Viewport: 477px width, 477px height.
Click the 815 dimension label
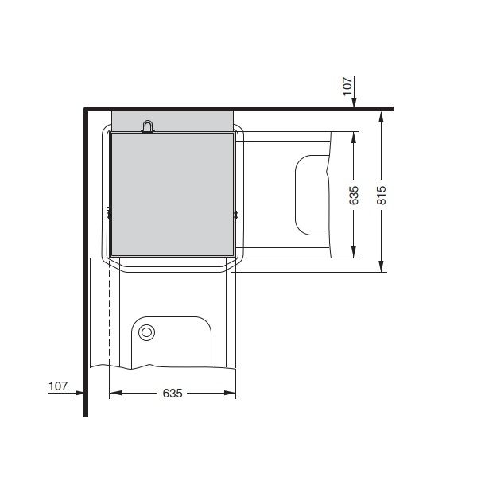(382, 195)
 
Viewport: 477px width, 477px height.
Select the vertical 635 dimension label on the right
(355, 195)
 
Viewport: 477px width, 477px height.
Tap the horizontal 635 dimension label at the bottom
(173, 393)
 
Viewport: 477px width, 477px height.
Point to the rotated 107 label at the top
(347, 86)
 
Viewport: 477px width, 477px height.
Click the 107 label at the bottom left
(57, 386)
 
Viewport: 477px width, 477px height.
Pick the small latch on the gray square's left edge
(110, 213)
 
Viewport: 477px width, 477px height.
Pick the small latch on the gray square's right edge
(236, 213)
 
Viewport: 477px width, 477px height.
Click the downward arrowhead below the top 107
(355, 103)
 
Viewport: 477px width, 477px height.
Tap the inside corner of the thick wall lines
(87, 111)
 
